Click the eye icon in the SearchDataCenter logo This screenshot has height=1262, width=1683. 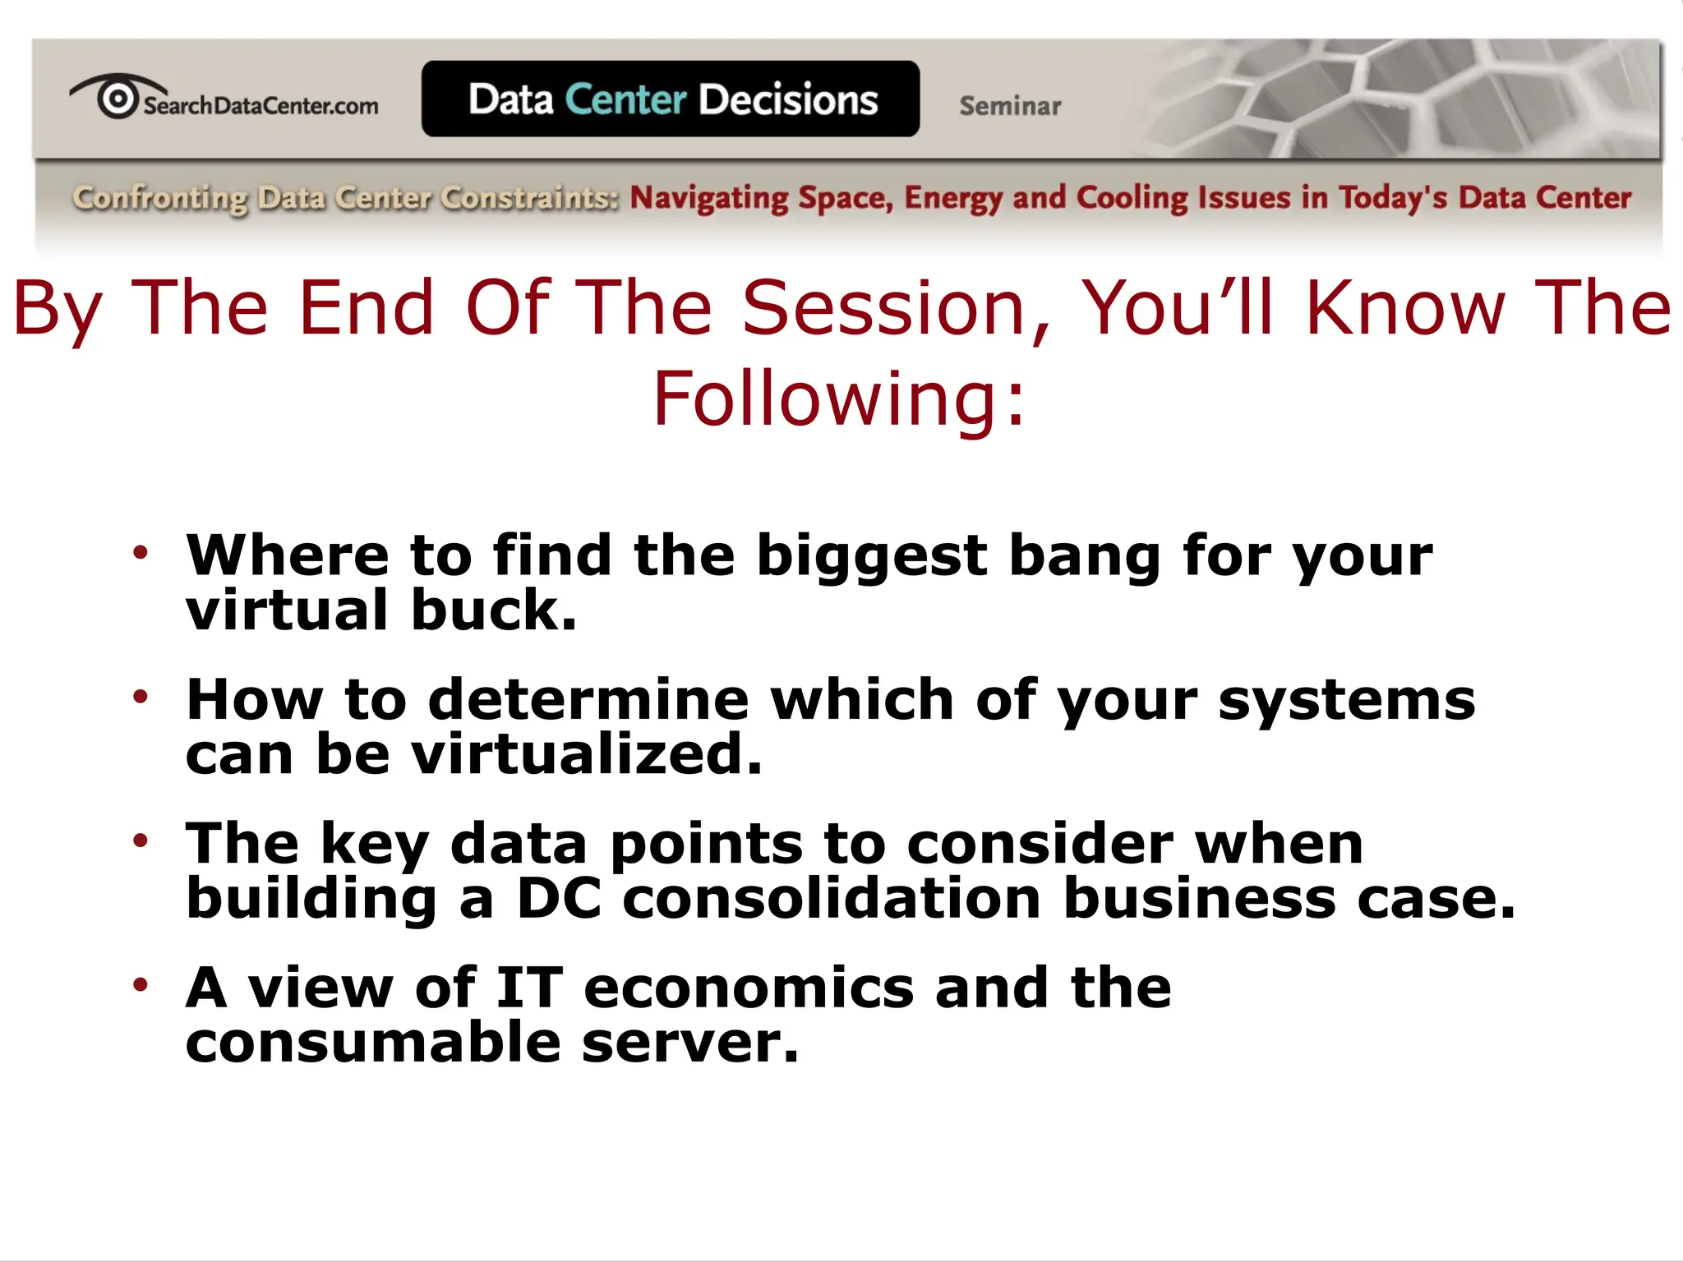[118, 98]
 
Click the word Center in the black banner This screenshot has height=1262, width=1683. [625, 99]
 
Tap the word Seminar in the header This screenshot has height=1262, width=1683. [1010, 106]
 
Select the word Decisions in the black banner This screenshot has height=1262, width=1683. [788, 99]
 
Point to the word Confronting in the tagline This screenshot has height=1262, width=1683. [159, 198]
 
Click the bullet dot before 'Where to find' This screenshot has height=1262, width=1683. [141, 552]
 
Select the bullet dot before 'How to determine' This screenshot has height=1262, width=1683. [141, 697]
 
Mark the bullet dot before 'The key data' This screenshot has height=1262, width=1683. [141, 841]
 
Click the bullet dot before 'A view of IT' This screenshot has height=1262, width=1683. [141, 984]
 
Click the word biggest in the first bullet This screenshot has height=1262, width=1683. [872, 557]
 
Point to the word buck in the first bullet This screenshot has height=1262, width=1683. [493, 610]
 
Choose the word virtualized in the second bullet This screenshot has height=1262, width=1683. [587, 754]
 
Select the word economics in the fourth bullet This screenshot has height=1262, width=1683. [749, 988]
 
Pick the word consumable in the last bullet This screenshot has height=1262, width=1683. [373, 1042]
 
